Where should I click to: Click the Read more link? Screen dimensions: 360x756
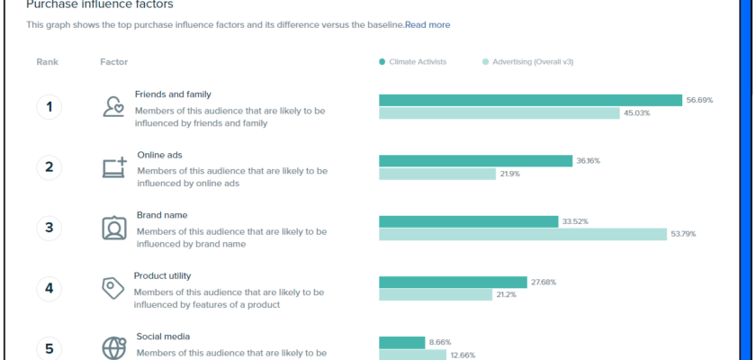427,25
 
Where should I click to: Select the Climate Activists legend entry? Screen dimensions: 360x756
417,62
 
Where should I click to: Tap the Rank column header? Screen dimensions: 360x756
47,62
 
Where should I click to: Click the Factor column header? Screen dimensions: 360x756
113,62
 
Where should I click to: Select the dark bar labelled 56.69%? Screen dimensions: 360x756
530,100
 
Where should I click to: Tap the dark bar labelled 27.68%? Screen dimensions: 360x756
453,282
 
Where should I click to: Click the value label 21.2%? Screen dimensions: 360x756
506,294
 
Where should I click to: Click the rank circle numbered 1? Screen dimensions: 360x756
49,107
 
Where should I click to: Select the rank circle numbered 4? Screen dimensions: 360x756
49,288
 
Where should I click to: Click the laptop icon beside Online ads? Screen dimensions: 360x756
114,167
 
